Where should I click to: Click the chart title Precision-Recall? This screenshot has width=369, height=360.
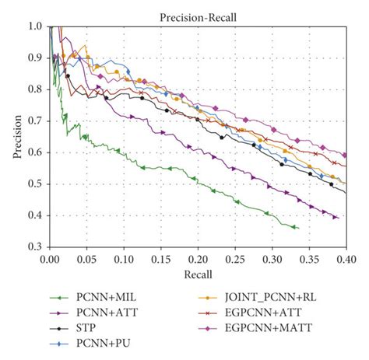197,16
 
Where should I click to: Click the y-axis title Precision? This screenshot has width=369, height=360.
16,136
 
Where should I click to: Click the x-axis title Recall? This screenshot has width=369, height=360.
197,273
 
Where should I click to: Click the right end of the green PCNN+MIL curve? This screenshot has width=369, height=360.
297,228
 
